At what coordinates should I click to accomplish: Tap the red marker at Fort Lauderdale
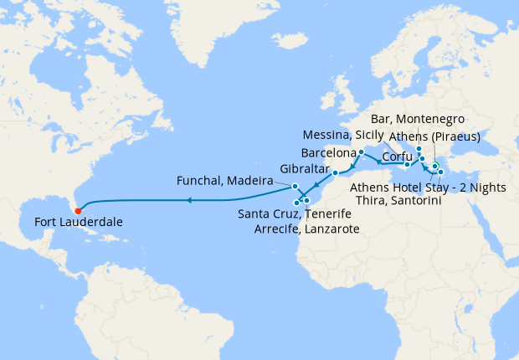click(x=77, y=209)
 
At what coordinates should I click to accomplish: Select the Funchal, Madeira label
click(x=225, y=181)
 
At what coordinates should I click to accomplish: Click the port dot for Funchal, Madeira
click(x=295, y=185)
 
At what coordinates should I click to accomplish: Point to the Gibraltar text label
click(x=305, y=167)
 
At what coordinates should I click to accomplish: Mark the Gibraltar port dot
click(x=335, y=173)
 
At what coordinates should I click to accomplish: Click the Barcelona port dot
click(x=361, y=152)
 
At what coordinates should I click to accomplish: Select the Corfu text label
click(x=397, y=157)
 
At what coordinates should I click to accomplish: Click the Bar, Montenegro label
click(x=422, y=120)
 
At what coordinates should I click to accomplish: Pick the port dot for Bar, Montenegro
click(x=419, y=148)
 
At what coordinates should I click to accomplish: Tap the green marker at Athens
click(x=435, y=165)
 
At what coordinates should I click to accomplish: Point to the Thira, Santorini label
click(x=398, y=201)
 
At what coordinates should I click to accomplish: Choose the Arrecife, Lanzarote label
click(x=306, y=229)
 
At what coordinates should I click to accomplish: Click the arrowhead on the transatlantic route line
click(x=190, y=200)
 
